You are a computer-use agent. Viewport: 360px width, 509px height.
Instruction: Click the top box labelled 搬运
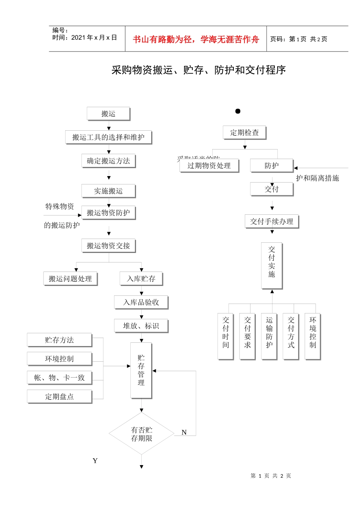108,114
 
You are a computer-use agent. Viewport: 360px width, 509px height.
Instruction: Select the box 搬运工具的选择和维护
108,137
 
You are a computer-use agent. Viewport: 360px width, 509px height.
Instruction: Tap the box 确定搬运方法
108,161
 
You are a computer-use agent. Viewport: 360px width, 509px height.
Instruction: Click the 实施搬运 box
108,191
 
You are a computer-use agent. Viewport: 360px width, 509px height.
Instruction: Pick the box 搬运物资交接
108,246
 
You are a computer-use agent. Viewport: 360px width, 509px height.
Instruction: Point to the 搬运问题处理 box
70,279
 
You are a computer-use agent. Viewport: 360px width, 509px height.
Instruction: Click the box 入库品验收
141,302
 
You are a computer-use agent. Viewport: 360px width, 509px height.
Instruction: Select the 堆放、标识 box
141,326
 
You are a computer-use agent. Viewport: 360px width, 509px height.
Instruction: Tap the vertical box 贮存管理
141,370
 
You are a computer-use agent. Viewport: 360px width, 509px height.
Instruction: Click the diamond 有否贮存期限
141,434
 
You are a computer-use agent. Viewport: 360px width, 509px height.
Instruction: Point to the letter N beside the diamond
184,432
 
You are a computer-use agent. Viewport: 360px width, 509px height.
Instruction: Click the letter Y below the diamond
95,461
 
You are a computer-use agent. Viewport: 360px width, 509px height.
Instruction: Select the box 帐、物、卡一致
59,378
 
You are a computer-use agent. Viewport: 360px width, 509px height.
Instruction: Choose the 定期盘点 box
59,397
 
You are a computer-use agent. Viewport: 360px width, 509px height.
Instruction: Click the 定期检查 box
244,133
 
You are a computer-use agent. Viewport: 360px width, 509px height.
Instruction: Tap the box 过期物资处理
209,166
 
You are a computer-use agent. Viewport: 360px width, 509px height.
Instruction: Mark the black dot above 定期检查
238,111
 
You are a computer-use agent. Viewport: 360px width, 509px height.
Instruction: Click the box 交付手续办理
272,222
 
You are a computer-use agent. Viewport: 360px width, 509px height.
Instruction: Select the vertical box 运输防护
269,336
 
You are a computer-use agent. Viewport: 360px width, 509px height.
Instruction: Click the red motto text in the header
196,39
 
